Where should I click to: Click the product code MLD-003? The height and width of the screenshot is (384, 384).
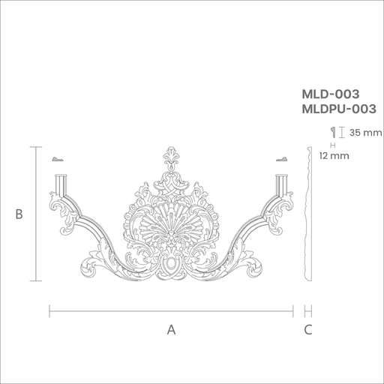(331, 94)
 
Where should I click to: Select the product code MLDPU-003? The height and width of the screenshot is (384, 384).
(339, 109)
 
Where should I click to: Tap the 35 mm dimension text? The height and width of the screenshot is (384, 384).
(365, 133)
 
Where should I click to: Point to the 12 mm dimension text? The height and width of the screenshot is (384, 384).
(334, 156)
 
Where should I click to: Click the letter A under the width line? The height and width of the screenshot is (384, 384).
(171, 330)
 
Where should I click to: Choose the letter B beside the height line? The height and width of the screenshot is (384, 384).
(19, 214)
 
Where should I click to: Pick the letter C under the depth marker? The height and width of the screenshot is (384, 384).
(308, 330)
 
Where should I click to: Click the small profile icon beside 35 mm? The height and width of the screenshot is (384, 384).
(333, 132)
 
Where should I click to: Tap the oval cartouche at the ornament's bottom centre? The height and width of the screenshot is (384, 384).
(171, 264)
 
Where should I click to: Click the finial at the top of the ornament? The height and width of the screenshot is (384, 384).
(171, 159)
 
